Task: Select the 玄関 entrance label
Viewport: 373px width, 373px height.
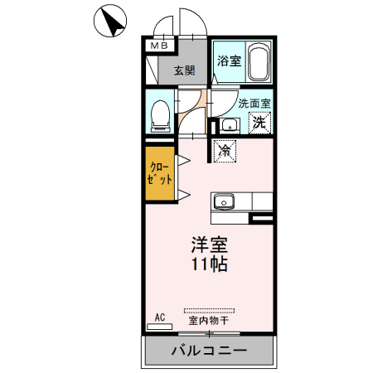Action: coord(184,70)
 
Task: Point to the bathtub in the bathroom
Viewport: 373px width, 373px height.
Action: coord(258,61)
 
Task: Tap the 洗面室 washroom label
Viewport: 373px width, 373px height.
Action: coord(254,104)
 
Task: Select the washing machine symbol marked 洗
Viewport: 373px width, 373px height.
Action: coord(259,123)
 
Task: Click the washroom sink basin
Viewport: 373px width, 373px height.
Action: coord(230,126)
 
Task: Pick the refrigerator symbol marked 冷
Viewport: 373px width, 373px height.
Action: coord(225,150)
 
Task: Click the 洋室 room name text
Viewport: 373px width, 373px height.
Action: coord(209,245)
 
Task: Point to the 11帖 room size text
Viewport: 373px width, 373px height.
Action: coord(209,266)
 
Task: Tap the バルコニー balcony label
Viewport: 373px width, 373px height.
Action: coord(209,350)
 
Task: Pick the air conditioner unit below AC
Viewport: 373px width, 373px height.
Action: coord(159,327)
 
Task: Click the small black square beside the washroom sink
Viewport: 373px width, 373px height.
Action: coord(214,127)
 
